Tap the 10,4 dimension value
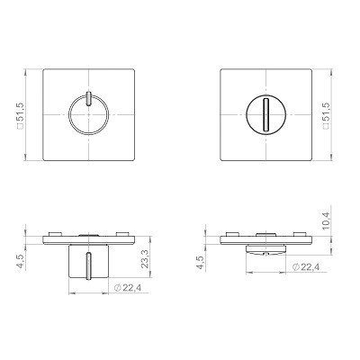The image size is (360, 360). coord(327,219)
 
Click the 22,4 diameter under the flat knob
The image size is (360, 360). coord(306,267)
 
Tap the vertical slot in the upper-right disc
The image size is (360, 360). coord(267,116)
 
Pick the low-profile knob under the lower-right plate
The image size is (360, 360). coord(266,249)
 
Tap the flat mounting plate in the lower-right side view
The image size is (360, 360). coord(266,238)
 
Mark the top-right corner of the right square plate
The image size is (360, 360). coord(312,70)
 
